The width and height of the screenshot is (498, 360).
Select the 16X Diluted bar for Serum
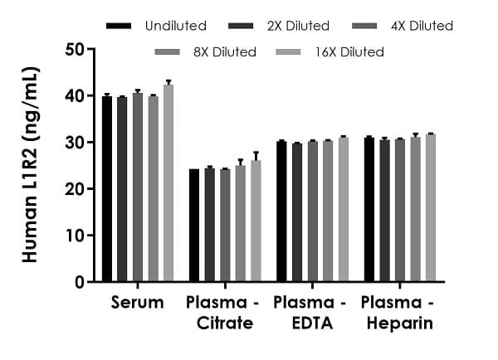click(168, 183)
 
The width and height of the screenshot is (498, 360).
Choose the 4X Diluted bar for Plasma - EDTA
click(313, 212)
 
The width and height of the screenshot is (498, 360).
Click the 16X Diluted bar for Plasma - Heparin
click(430, 208)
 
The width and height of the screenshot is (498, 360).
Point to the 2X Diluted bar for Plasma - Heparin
click(384, 211)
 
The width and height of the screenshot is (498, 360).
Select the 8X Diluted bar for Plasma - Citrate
click(241, 224)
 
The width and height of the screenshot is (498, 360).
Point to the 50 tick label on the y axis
click(76, 50)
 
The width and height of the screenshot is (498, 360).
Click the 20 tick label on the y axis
click(76, 189)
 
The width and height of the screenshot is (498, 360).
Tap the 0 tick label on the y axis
click(81, 282)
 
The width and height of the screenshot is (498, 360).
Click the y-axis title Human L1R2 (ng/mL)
click(31, 166)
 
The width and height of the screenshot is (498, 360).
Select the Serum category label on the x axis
click(137, 303)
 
